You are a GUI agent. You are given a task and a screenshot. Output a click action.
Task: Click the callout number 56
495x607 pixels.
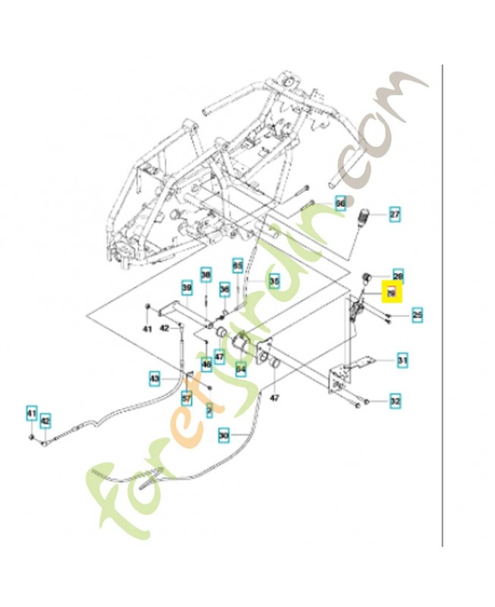(340, 204)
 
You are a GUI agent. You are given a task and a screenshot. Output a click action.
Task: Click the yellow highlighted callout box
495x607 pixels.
(392, 292)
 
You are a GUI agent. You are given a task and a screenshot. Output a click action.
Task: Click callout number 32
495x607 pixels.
(395, 399)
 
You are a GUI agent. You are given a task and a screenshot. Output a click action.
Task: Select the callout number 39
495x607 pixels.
(186, 287)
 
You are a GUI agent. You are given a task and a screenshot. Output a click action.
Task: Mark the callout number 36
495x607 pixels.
(224, 289)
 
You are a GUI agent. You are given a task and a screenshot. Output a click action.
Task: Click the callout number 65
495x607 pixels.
(238, 266)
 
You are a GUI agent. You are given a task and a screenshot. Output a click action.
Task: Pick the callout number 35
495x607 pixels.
(274, 281)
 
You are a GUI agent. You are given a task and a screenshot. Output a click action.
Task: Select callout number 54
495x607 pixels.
(241, 370)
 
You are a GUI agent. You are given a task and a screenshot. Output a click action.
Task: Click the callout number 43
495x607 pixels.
(154, 377)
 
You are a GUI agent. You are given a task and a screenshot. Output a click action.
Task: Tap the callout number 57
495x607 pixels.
(186, 396)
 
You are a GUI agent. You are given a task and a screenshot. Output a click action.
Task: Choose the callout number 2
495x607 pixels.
(210, 410)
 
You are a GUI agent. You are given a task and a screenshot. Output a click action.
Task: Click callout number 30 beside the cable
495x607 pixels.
(223, 436)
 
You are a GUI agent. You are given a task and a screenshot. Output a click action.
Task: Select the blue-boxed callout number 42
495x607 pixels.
(45, 419)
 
